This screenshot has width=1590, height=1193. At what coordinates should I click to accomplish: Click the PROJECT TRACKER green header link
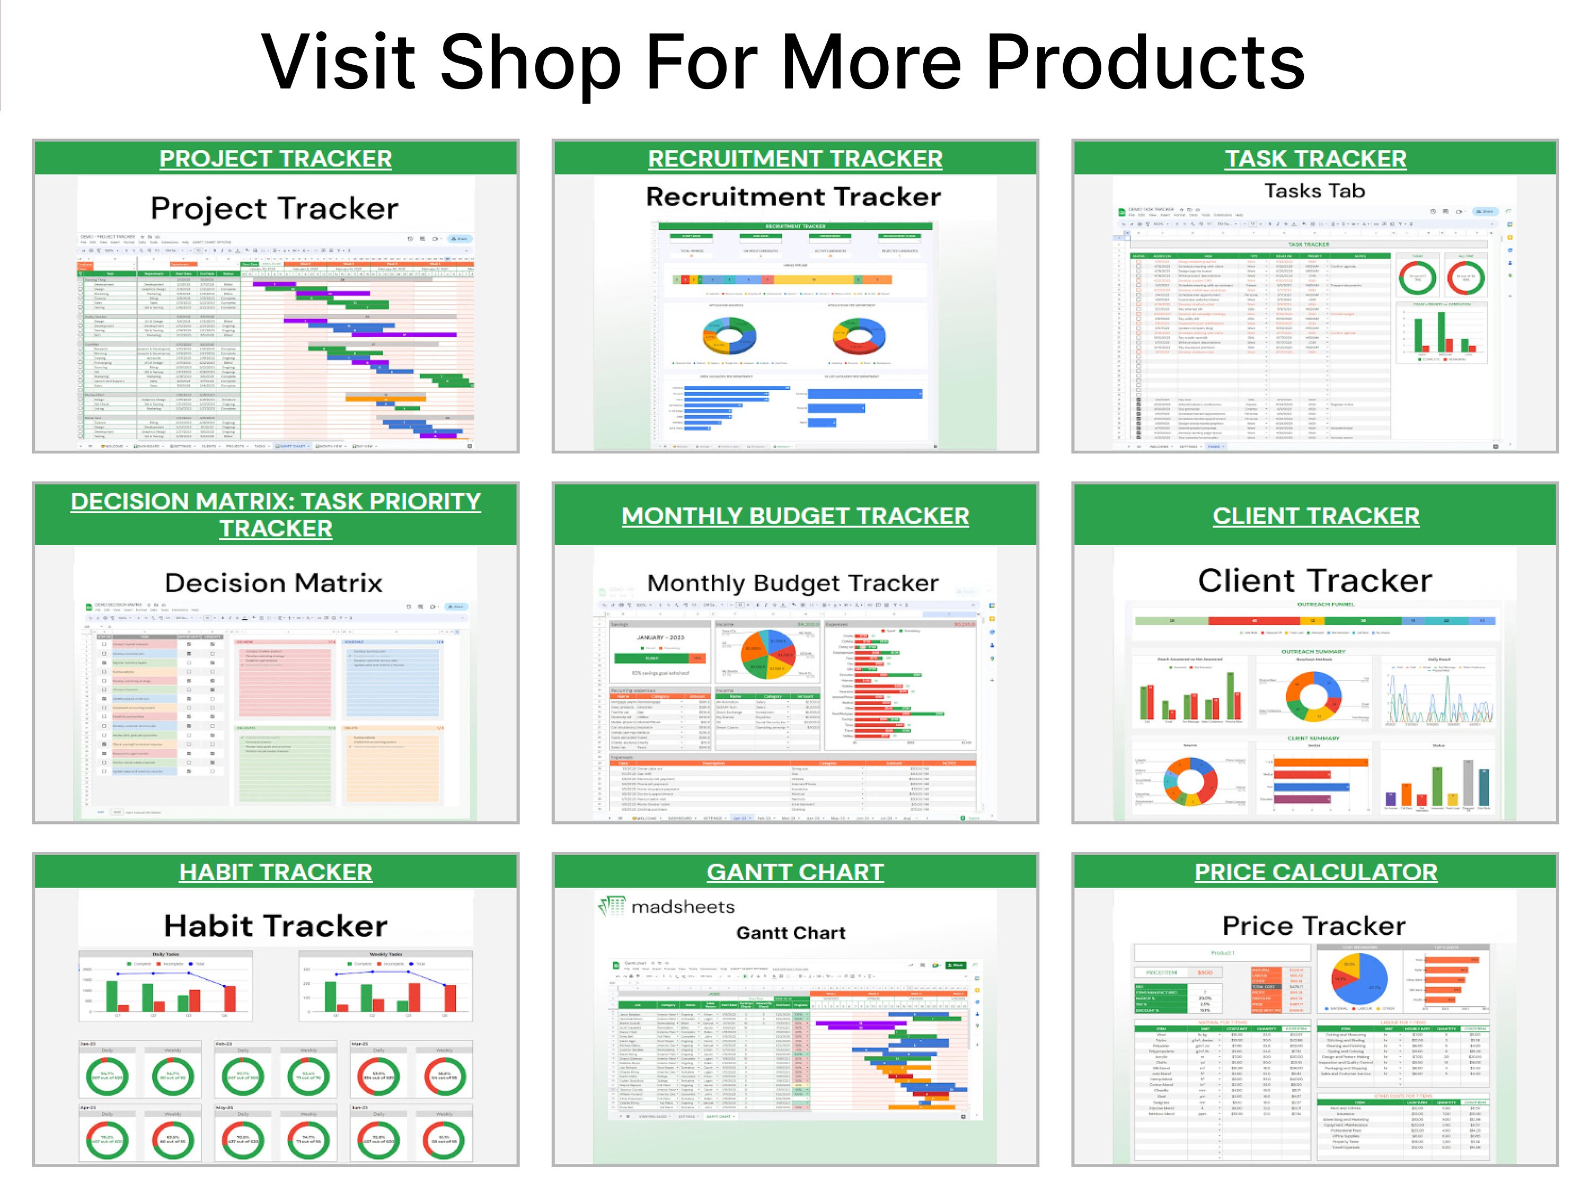coord(275,158)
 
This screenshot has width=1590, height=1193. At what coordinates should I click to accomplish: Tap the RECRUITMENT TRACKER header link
coord(795,158)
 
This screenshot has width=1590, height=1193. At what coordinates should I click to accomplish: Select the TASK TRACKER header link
coord(1315,158)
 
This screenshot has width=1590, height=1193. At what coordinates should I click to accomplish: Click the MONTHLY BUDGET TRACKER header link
coord(795,515)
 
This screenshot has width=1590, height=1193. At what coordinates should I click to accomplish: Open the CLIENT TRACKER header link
coord(1315,515)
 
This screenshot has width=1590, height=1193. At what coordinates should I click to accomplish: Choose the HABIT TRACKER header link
coord(275,872)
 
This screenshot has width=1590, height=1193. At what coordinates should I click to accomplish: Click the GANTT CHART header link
coord(795,872)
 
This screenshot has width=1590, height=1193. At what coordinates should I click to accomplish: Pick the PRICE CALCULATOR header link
coord(1315,872)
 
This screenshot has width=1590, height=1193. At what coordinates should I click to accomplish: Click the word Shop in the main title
coord(530,63)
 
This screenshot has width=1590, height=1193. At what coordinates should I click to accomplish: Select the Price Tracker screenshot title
coord(1314,925)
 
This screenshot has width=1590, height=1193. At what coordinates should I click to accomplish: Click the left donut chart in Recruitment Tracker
coord(729,336)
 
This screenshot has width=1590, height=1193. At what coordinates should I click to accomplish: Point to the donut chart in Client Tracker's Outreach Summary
coord(1314,696)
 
